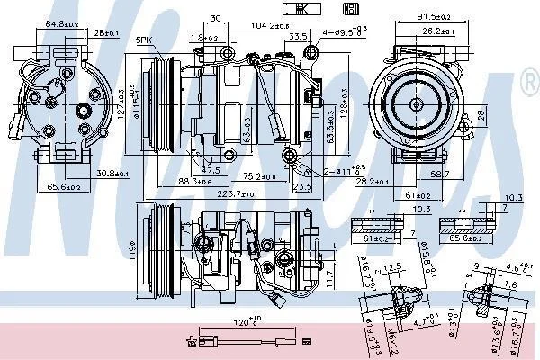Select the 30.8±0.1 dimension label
(x=112, y=174)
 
